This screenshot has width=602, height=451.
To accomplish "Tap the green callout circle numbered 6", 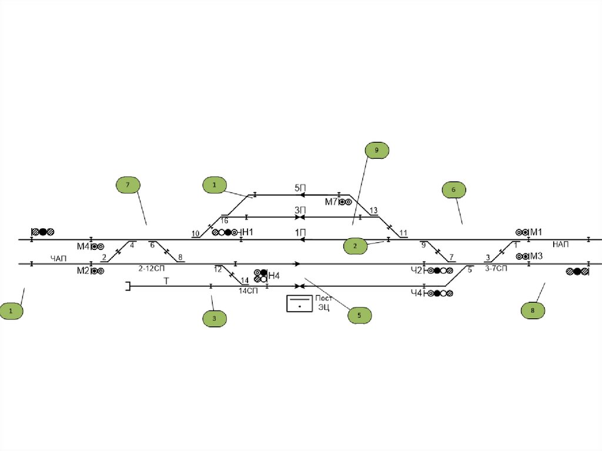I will (x=453, y=190).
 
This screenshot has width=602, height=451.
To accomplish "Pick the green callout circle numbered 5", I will (x=360, y=316).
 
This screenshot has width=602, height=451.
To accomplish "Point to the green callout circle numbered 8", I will (x=533, y=311).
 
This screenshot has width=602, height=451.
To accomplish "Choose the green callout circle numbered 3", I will (x=215, y=319).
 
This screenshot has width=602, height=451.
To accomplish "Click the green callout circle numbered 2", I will (x=355, y=246).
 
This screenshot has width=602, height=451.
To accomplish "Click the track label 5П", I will (x=300, y=188).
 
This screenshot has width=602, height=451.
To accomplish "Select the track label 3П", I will (x=300, y=210).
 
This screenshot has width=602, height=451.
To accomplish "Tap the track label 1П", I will (x=300, y=232).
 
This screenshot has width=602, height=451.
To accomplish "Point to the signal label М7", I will (x=330, y=202).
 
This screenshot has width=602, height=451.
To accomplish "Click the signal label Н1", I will (x=248, y=232).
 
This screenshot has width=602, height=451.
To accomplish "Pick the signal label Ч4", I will (x=416, y=293).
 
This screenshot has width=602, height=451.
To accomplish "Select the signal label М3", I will (x=536, y=256).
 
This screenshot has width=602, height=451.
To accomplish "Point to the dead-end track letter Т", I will (x=166, y=281).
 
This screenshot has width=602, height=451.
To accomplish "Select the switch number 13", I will (x=373, y=211).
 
